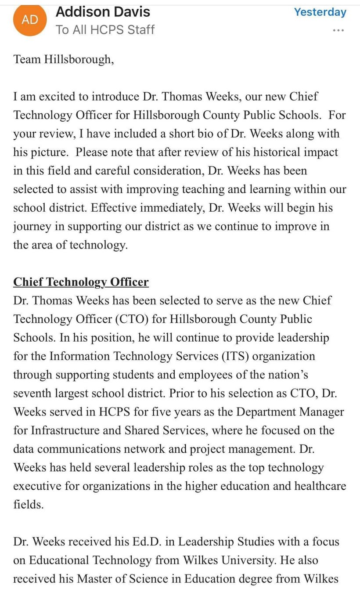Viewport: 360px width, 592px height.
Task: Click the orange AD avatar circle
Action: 30,19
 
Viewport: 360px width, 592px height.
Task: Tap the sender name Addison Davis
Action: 103,12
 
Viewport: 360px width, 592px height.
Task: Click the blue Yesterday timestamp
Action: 320,12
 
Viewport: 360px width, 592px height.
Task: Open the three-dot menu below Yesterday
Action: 338,30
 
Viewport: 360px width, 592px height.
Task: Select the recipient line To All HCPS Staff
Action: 105,30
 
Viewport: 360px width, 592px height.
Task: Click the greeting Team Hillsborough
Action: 64,59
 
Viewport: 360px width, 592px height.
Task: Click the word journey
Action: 32,226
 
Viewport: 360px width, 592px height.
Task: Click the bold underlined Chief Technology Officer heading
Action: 81,282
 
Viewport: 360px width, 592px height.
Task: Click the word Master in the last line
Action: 96,578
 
